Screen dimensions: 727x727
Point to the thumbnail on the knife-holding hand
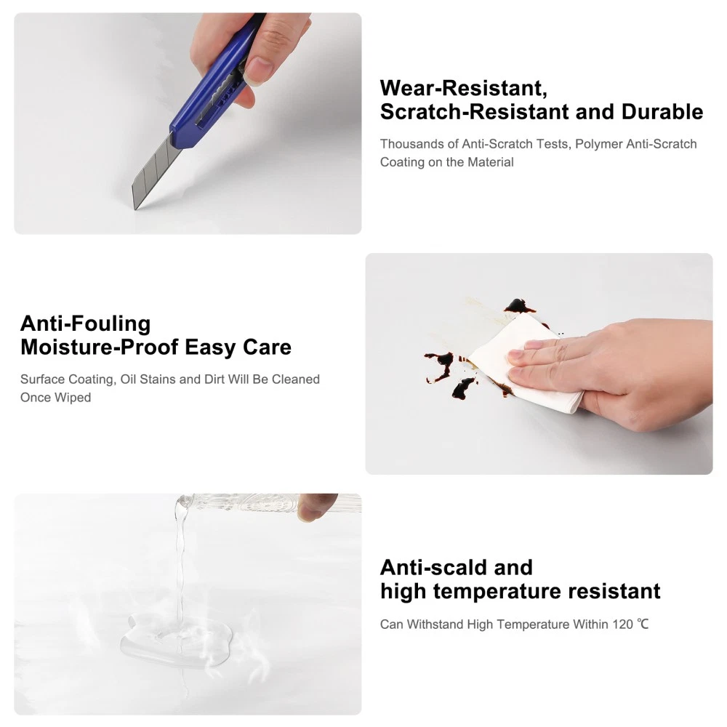pos(257,71)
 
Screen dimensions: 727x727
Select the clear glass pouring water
pos(268,504)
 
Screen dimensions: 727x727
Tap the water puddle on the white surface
pos(175,638)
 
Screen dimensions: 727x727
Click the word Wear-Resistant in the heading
pos(463,88)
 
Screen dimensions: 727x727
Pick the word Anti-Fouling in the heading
pos(86,324)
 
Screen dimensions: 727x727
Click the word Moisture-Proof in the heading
pos(99,348)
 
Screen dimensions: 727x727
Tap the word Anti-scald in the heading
pos(433,568)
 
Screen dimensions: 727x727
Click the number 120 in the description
pos(623,624)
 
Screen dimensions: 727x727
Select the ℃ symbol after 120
pos(643,624)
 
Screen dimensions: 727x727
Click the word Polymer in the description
pos(598,144)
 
